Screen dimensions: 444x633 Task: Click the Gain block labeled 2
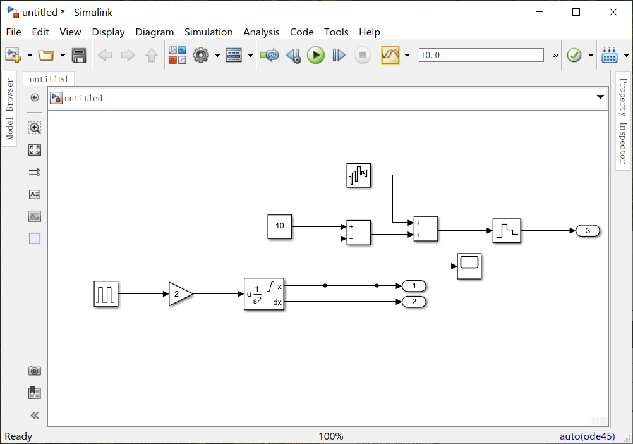click(x=179, y=294)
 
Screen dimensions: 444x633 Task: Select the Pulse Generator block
click(x=106, y=294)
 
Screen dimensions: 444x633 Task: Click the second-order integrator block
click(x=264, y=294)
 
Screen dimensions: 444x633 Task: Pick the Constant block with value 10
click(x=280, y=226)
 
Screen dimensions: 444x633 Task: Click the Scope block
click(x=469, y=266)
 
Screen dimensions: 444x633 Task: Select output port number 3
click(x=588, y=231)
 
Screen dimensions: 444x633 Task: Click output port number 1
click(x=414, y=286)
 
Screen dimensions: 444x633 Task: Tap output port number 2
click(x=414, y=302)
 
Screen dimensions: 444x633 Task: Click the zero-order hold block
click(x=506, y=231)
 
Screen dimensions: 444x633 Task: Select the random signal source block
click(x=359, y=175)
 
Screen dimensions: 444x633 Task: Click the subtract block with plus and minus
click(x=359, y=232)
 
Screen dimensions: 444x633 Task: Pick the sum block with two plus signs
click(x=425, y=229)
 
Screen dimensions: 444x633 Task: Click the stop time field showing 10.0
click(x=481, y=55)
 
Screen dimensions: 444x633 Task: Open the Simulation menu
click(x=208, y=32)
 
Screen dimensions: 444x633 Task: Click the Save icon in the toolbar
click(x=79, y=56)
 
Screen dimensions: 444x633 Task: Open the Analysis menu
click(x=261, y=32)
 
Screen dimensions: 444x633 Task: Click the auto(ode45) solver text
click(x=587, y=436)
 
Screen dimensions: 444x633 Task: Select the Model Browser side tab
click(x=9, y=109)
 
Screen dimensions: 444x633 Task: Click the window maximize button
click(x=576, y=12)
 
